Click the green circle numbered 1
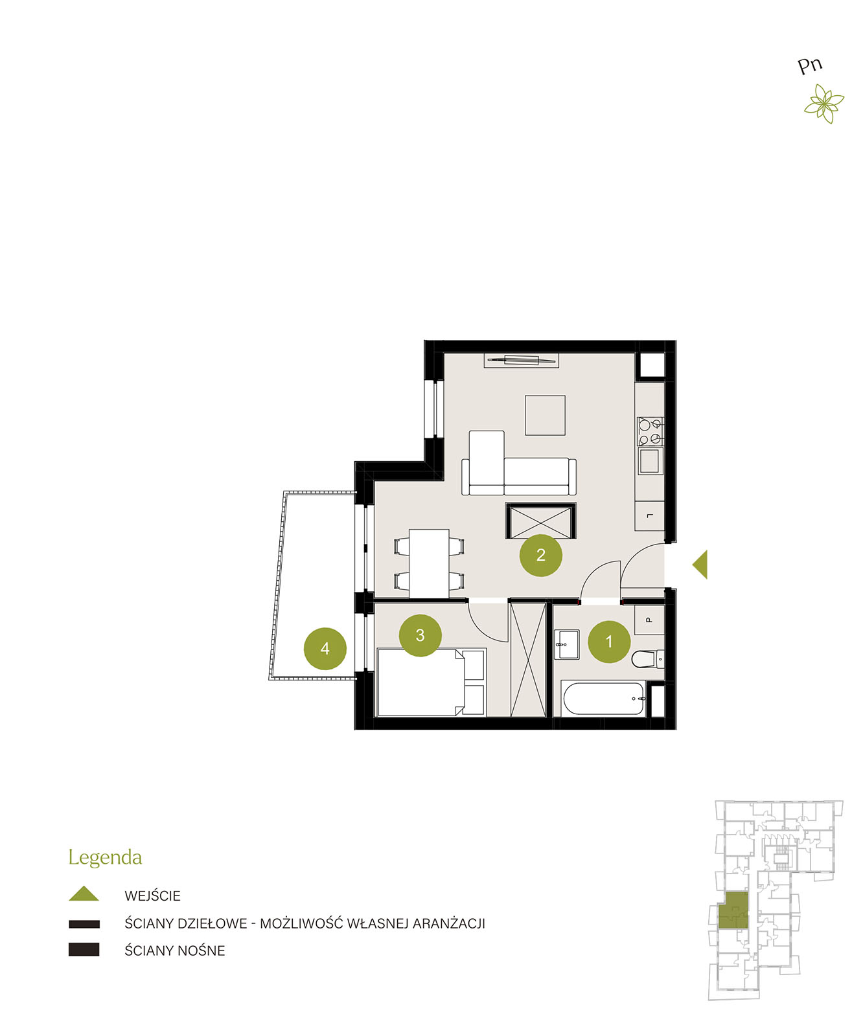point(608,642)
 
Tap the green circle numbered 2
point(540,555)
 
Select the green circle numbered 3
point(420,635)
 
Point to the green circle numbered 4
point(325,649)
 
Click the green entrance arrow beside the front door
point(700,565)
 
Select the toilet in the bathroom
point(647,659)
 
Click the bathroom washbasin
point(567,644)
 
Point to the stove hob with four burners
point(650,431)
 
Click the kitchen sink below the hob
point(650,461)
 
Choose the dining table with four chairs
point(429,563)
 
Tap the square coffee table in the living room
point(545,415)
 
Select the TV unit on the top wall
point(521,360)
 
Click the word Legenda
point(105,858)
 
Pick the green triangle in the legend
point(84,893)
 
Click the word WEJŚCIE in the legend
point(152,896)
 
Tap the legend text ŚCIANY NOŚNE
point(174,951)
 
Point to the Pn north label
point(809,65)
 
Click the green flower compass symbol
point(824,104)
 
